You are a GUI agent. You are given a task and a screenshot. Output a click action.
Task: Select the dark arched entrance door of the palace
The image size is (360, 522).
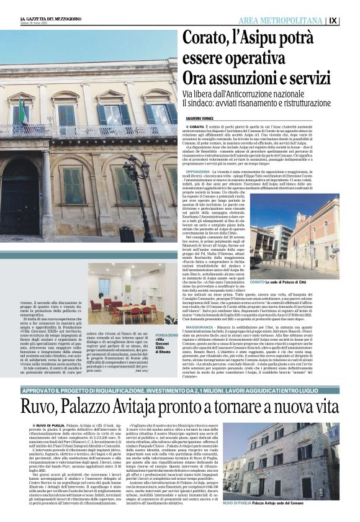(x=19, y=199)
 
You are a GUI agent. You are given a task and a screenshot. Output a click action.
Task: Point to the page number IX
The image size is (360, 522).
(x=351, y=20)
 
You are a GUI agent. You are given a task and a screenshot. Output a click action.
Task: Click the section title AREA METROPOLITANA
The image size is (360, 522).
(x=290, y=20)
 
